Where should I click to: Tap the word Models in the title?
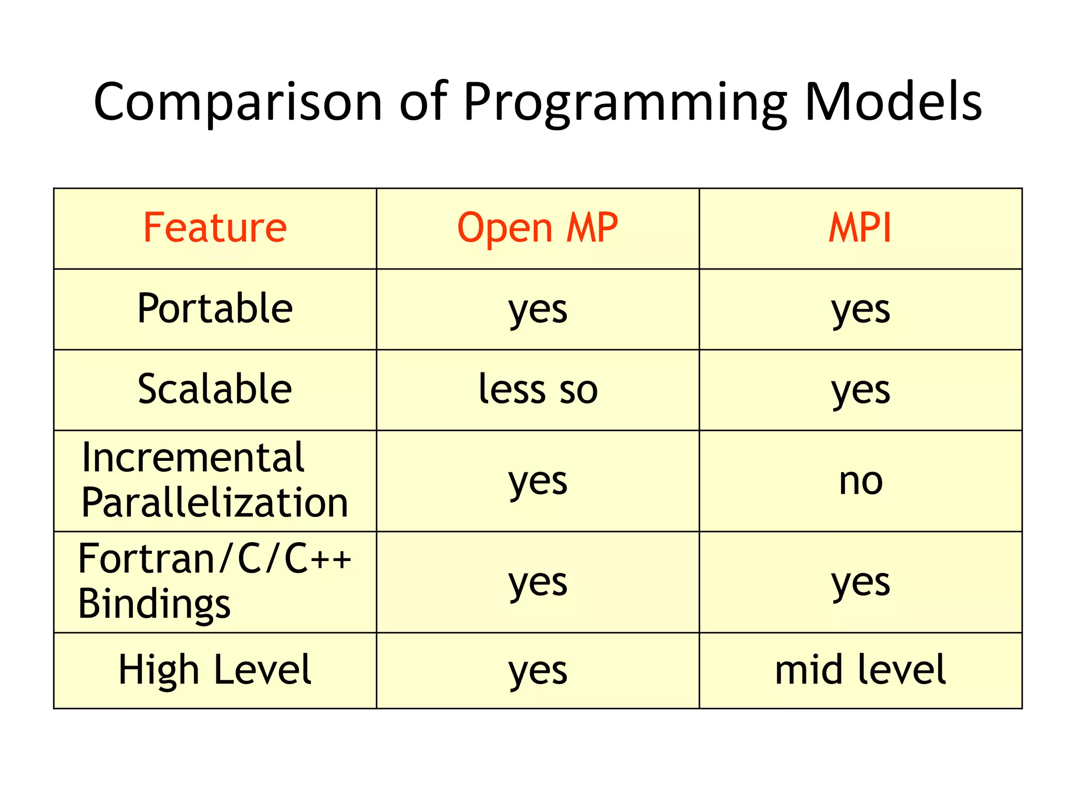893,102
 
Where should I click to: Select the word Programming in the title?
625,102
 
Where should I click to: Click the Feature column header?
215,228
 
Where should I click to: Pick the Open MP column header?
537,228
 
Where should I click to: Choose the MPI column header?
860,228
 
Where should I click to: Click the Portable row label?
215,308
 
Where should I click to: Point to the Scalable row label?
215,389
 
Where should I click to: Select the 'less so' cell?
537,389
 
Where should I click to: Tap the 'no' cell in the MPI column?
860,481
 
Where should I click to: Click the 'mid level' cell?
860,670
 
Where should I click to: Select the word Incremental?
193,458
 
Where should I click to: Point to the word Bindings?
154,604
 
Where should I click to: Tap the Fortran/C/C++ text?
215,559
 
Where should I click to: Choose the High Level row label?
215,670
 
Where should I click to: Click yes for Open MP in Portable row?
537,309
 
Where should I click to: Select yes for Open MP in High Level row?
537,671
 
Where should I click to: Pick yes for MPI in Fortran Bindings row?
860,583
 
